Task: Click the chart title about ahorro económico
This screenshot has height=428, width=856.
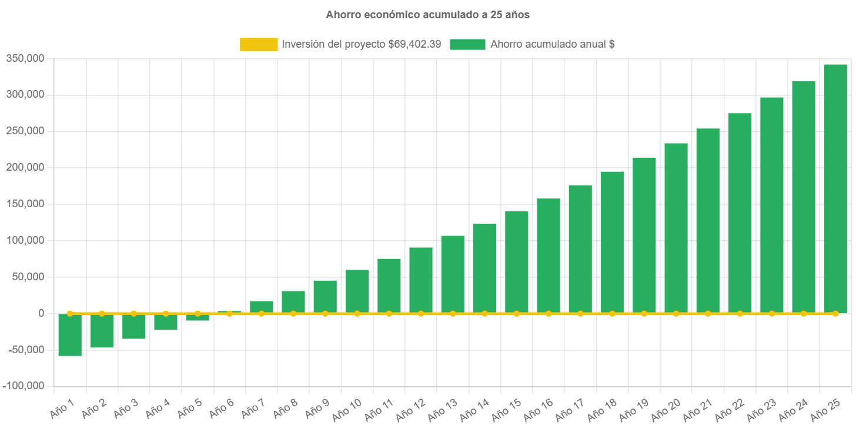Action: tap(427, 15)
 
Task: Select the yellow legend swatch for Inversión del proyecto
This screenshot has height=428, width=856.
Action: tap(259, 44)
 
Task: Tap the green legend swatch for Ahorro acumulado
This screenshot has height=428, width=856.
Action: tap(467, 44)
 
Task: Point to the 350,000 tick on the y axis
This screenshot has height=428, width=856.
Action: tap(25, 58)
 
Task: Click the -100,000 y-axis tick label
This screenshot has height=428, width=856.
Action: tap(24, 386)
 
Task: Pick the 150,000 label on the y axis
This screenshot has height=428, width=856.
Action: tap(25, 204)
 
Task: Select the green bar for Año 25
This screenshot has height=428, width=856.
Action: tap(835, 188)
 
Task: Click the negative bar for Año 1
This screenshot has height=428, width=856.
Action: tap(70, 335)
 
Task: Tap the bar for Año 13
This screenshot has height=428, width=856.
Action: tap(453, 274)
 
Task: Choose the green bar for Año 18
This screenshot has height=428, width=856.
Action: tap(612, 242)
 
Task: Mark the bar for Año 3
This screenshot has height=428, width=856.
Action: tap(133, 326)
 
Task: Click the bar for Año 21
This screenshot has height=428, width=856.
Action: tap(708, 221)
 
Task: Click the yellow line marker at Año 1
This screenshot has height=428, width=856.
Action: tap(70, 313)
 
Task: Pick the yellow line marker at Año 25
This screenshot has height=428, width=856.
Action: tap(835, 313)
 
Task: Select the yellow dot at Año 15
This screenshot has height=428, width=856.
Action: tap(516, 313)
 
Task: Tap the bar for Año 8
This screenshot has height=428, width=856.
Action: tap(293, 301)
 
